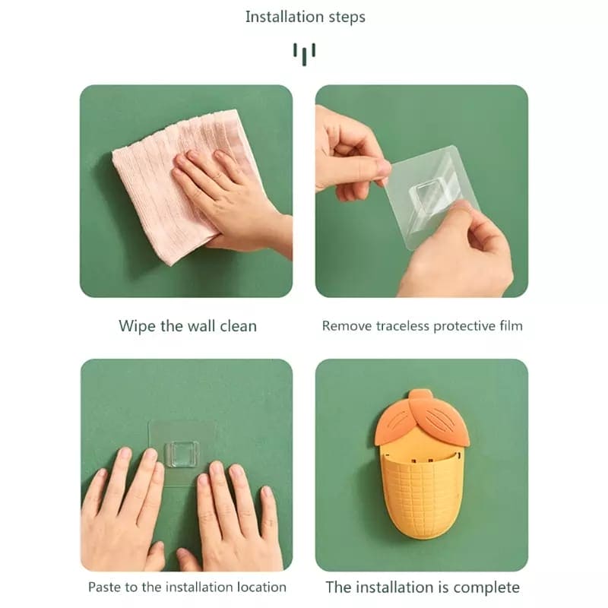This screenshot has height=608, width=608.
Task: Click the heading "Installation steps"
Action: (x=305, y=17)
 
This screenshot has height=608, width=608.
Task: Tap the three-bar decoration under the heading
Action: (x=305, y=52)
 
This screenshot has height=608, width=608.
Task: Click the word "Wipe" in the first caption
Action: (x=137, y=326)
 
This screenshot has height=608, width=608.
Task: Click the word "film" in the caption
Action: (x=510, y=326)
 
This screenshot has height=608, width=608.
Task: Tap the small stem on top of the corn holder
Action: (x=421, y=395)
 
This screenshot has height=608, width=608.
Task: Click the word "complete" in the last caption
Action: (x=486, y=587)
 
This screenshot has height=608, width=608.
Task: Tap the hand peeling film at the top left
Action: (x=346, y=148)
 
